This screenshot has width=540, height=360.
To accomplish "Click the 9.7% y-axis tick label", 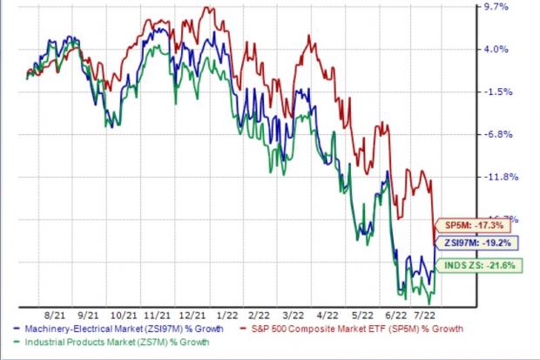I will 496,7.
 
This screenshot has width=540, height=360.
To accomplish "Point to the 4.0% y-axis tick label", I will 496,49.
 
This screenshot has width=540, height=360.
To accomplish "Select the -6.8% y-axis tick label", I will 496,134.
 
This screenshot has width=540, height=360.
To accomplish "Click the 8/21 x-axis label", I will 53,312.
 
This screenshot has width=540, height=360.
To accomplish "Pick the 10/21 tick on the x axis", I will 123,312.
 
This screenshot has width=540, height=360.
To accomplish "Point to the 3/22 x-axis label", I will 293,312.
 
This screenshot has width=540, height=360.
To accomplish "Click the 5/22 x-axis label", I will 361,312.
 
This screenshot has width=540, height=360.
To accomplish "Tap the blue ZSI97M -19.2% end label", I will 465,243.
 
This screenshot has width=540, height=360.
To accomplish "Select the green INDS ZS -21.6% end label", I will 469,264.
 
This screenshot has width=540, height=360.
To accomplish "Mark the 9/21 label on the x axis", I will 88,312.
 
